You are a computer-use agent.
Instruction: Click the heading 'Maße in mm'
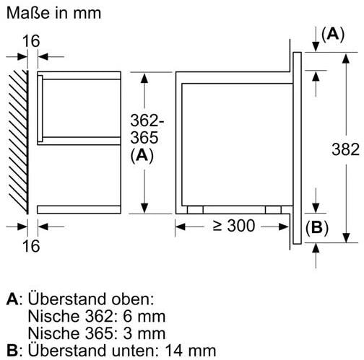pyautogui.click(x=53, y=13)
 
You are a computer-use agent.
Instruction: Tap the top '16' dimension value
pyautogui.click(x=31, y=41)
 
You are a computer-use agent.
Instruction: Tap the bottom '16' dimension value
pyautogui.click(x=31, y=246)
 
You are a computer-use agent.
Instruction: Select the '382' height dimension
pyautogui.click(x=345, y=149)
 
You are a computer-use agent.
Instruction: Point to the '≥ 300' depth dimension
pyautogui.click(x=234, y=226)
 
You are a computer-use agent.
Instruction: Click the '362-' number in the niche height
pyautogui.click(x=147, y=120)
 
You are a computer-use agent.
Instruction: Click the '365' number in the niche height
pyautogui.click(x=144, y=138)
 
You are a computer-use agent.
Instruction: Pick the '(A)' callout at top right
pyautogui.click(x=333, y=35)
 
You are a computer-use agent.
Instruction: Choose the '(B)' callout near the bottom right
pyautogui.click(x=317, y=227)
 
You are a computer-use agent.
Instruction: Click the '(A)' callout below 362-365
pyautogui.click(x=142, y=156)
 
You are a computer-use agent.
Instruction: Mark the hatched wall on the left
pyautogui.click(x=19, y=142)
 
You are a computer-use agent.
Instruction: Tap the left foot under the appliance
pyautogui.click(x=195, y=209)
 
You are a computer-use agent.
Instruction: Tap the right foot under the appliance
pyautogui.click(x=273, y=209)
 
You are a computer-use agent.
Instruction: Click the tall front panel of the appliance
pyautogui.click(x=298, y=148)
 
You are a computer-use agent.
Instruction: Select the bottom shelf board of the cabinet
pyautogui.click(x=79, y=210)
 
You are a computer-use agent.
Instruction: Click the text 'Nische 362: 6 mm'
pyautogui.click(x=97, y=317)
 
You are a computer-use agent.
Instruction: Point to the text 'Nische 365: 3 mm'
pyautogui.click(x=97, y=333)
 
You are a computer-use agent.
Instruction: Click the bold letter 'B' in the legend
pyautogui.click(x=12, y=351)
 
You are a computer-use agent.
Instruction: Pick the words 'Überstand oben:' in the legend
pyautogui.click(x=91, y=299)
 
